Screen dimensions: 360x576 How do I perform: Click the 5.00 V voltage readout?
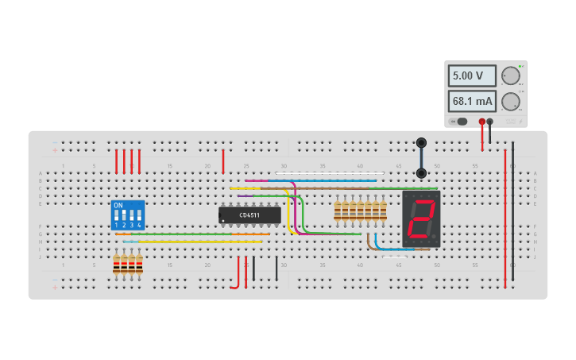471,76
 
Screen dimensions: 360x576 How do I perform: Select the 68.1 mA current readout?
471,102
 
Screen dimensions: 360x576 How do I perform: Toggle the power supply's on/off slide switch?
460,122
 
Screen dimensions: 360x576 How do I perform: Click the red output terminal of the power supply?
481,122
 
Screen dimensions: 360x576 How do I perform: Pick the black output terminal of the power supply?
490,122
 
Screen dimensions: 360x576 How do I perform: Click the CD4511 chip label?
249,215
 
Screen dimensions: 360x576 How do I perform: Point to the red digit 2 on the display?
420,219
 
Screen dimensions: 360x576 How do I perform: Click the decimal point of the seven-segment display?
435,238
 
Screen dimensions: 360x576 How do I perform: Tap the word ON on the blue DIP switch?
118,206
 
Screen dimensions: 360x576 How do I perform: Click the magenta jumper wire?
270,181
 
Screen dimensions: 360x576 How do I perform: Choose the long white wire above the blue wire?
330,173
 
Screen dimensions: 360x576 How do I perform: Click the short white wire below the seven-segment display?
395,257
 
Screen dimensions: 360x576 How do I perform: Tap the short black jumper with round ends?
421,157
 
